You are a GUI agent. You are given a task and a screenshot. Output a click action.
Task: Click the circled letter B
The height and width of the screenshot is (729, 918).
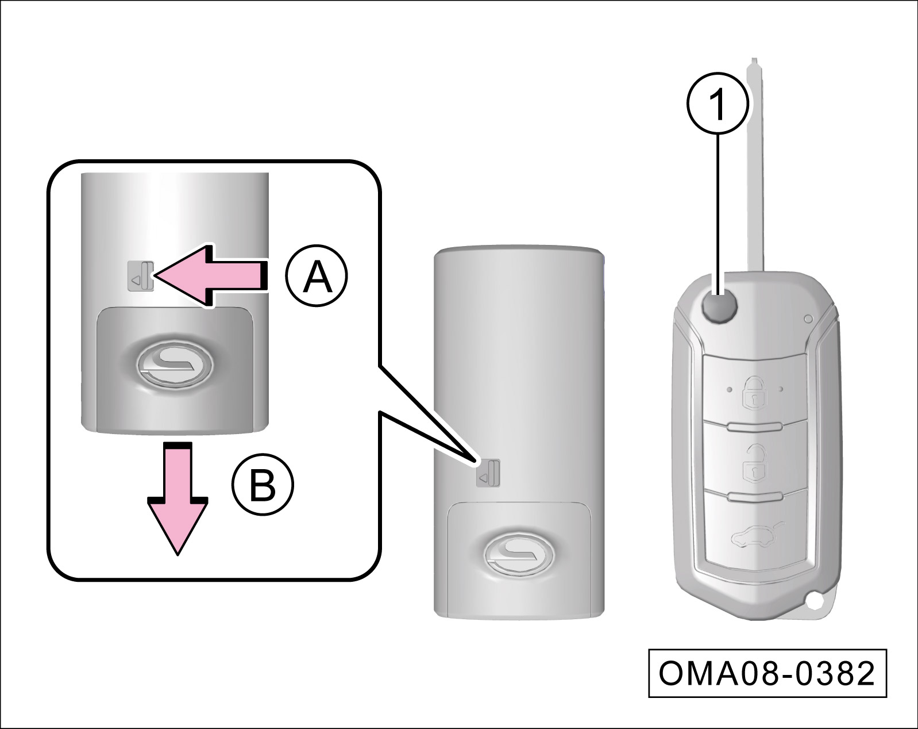(263, 486)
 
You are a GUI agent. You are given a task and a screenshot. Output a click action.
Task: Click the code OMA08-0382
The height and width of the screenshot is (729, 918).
(767, 673)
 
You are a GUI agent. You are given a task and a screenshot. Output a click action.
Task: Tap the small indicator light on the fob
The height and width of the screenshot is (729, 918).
(808, 318)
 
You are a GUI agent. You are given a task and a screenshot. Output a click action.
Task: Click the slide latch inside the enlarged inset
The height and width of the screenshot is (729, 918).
(141, 276)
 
